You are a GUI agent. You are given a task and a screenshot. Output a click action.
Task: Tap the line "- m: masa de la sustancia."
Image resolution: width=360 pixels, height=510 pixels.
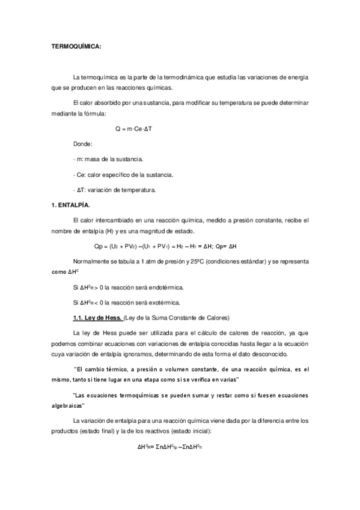pyautogui.click(x=107, y=159)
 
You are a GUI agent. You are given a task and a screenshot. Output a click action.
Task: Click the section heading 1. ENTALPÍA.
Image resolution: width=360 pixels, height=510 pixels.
pyautogui.click(x=70, y=206)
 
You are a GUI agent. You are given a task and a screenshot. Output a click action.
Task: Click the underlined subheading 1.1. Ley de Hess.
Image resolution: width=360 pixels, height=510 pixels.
pyautogui.click(x=97, y=317)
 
